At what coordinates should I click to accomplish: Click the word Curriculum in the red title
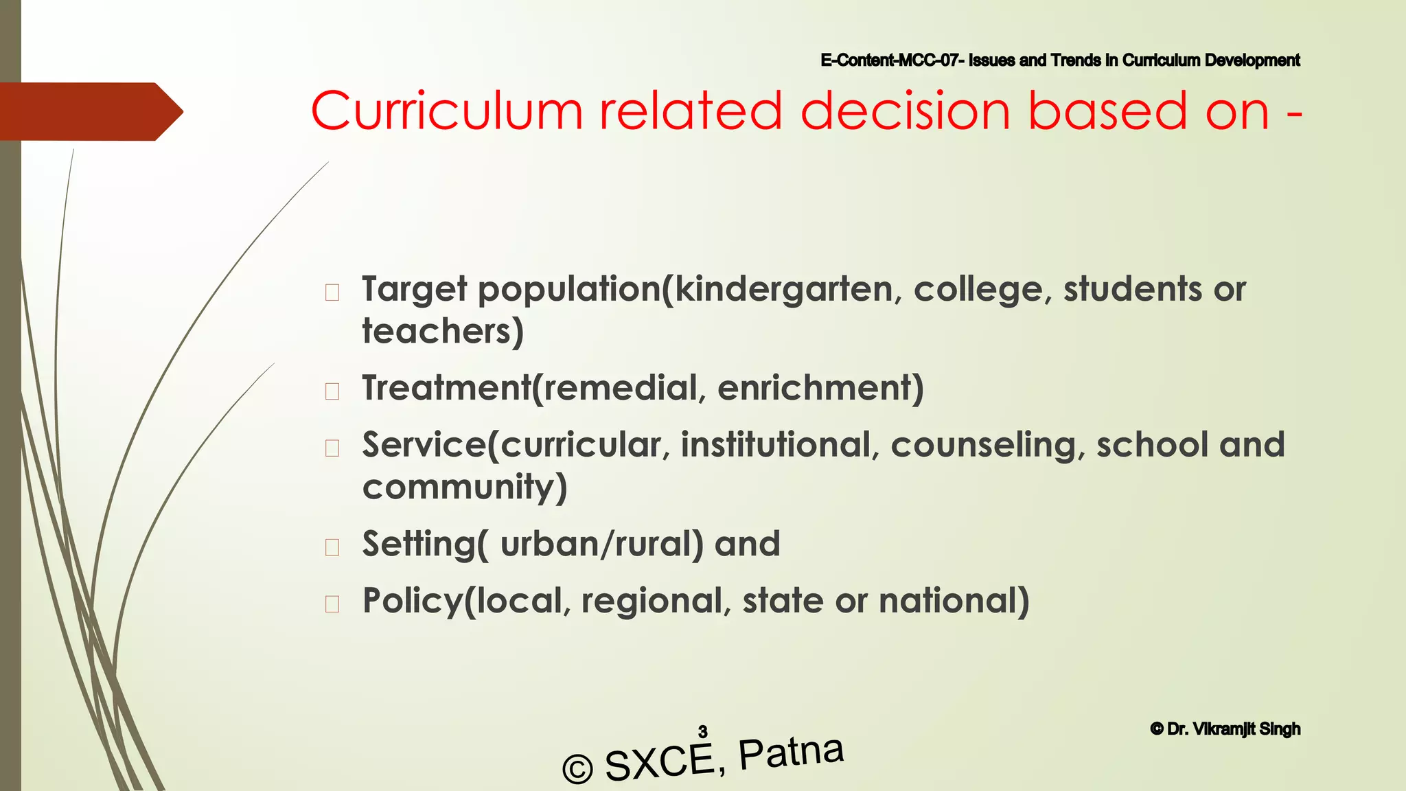[x=447, y=111]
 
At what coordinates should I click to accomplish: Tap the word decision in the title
[x=905, y=111]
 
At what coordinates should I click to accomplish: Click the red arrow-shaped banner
[x=89, y=111]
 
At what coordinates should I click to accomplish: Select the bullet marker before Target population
[x=332, y=293]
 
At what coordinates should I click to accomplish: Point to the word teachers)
[x=443, y=332]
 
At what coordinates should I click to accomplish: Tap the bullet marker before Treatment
[x=332, y=391]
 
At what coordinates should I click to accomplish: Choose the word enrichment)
[x=820, y=388]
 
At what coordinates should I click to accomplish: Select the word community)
[x=465, y=488]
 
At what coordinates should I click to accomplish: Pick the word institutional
[x=776, y=445]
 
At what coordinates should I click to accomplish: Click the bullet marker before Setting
[x=332, y=547]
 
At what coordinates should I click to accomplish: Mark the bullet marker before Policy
[x=332, y=604]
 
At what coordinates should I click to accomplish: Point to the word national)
[x=954, y=601]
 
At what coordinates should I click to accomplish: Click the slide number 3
[x=703, y=731]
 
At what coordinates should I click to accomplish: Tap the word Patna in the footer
[x=791, y=751]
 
